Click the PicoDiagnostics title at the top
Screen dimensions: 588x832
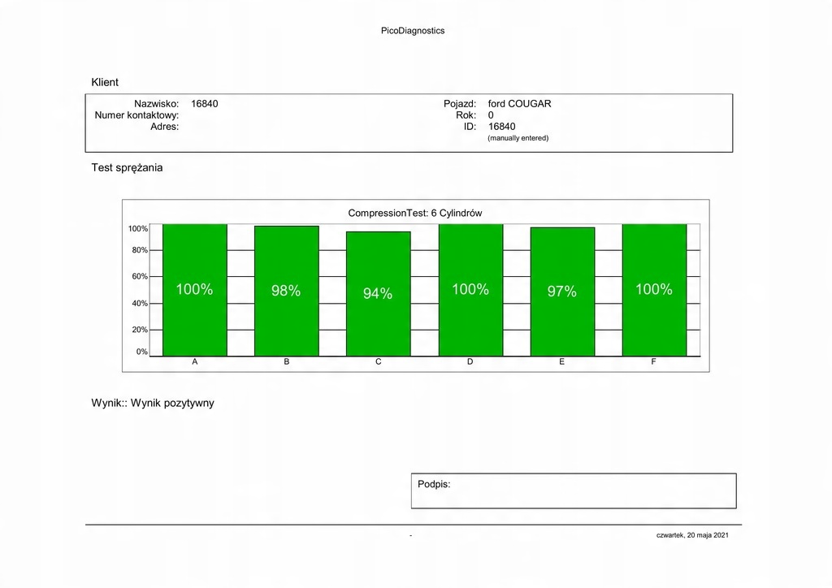[x=413, y=31]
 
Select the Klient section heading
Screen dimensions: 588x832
[x=105, y=82]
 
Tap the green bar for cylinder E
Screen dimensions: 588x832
[x=561, y=325]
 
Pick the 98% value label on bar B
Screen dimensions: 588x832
[x=286, y=291]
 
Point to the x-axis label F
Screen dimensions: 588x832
[x=653, y=362]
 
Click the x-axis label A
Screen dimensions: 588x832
[x=195, y=362]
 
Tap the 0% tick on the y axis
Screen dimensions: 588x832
[x=141, y=352]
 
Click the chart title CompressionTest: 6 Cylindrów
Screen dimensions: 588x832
[x=415, y=213]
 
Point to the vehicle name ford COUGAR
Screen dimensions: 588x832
[x=520, y=104]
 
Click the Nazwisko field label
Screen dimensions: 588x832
[x=156, y=104]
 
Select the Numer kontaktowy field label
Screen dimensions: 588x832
[x=136, y=115]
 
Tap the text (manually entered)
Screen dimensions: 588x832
[x=518, y=138]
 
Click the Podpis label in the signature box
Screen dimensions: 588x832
[x=434, y=484]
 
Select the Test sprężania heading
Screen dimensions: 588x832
[x=127, y=167]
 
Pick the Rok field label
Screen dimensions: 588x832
[x=466, y=115]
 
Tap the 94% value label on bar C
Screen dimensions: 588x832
[x=378, y=294]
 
